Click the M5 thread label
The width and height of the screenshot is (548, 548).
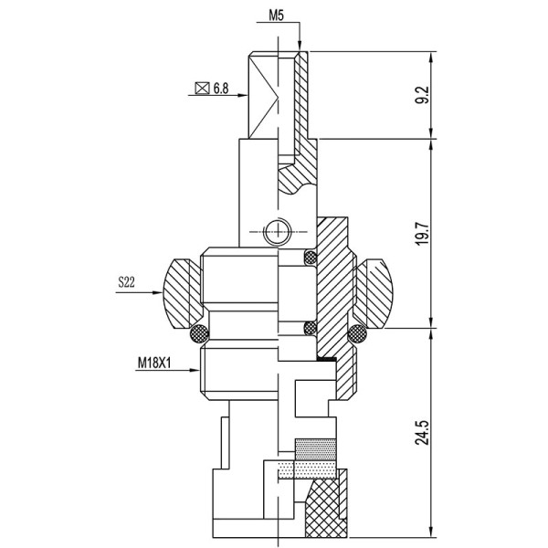pos(276,16)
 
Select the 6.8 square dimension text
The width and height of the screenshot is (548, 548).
pos(221,89)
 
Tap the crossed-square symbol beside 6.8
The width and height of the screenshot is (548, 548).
pos(202,89)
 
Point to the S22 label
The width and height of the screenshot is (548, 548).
pos(126,281)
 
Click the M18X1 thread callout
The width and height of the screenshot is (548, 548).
pos(154,363)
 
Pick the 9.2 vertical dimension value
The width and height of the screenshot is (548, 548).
pos(422,95)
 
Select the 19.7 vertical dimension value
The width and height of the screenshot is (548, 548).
pos(422,233)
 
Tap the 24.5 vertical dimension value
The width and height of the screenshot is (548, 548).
pos(422,433)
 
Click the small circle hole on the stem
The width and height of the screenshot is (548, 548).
pos(277,232)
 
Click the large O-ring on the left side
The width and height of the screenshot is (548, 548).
pos(199,334)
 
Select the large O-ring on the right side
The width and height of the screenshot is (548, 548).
pos(357,334)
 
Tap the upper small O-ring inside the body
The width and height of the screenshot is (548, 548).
pos(311,258)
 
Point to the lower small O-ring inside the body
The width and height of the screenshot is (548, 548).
pos(311,328)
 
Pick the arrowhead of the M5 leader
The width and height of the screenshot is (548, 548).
pos(300,47)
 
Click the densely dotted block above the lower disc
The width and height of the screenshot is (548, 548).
pos(316,449)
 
